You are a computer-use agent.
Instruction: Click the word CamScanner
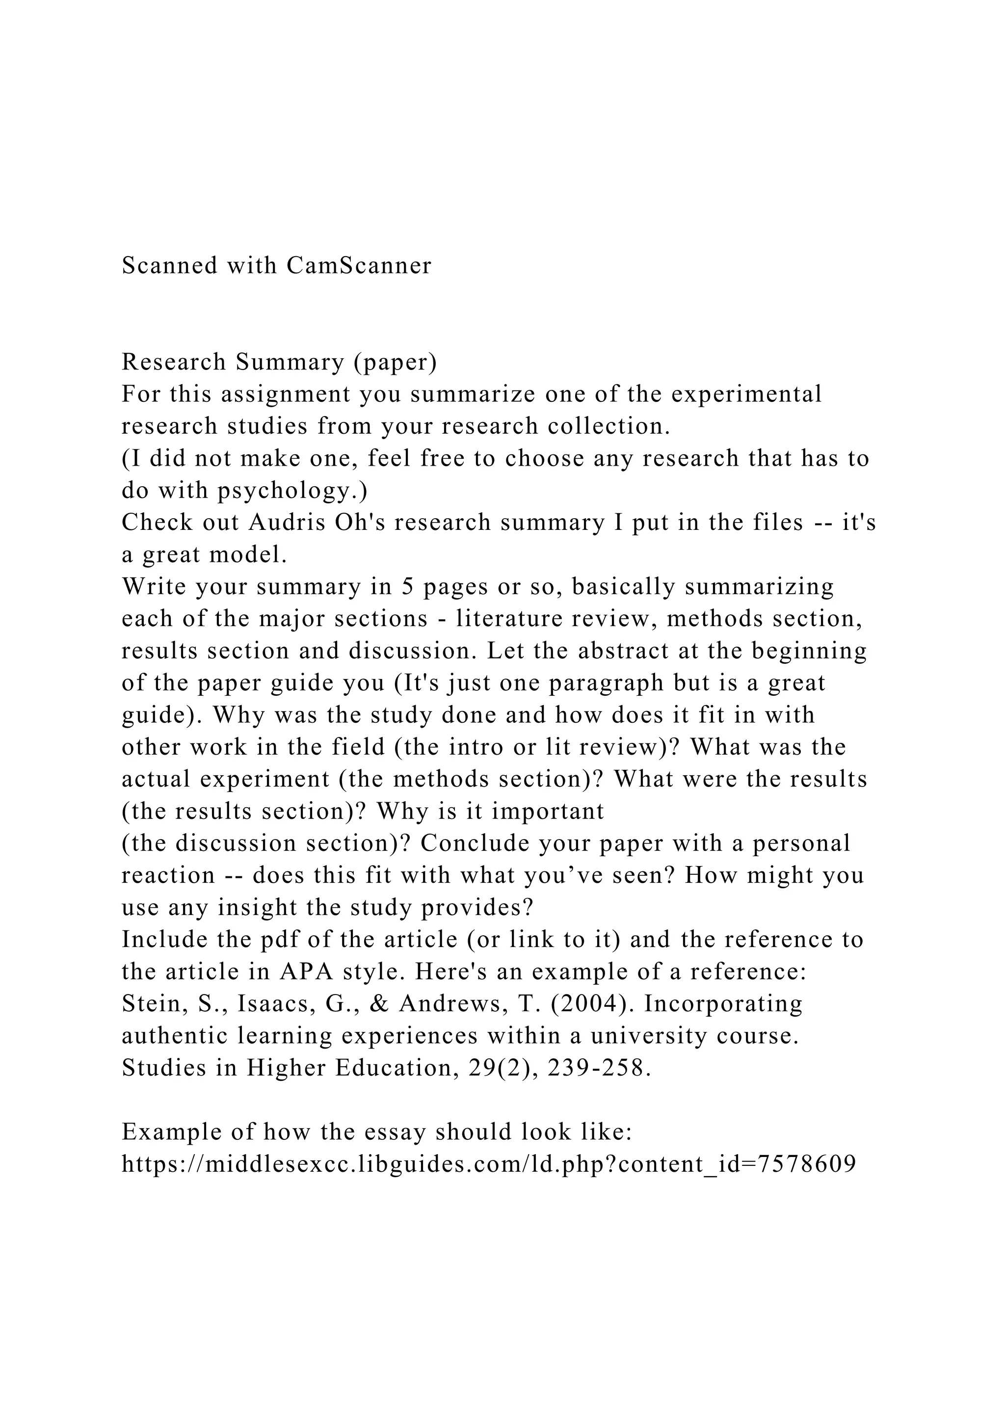point(359,265)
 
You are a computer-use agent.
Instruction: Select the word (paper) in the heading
point(396,362)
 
